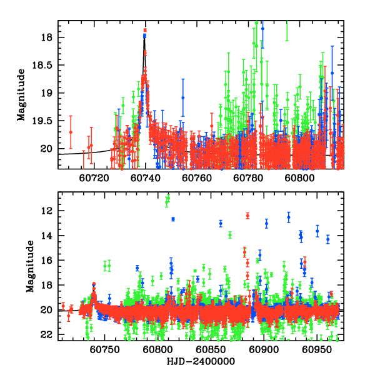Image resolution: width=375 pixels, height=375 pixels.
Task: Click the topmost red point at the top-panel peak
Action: pos(145,30)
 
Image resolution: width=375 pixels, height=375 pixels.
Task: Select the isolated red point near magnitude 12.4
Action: pos(248,216)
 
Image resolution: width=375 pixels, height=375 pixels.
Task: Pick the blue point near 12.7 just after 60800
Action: pos(173,219)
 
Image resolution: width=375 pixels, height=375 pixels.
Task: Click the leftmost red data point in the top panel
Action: pos(71,132)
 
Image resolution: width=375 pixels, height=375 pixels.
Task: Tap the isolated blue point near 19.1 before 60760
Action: pos(183,97)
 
